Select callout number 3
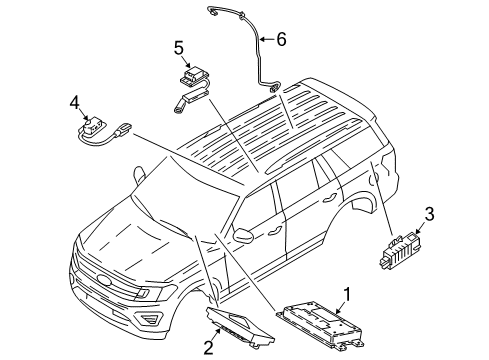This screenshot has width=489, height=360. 429,240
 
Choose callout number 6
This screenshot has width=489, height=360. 282,39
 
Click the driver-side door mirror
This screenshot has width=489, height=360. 245,238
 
